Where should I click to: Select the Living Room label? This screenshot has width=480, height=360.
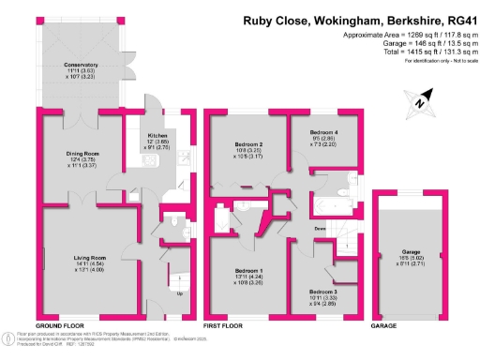90,257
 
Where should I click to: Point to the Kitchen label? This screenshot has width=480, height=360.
156,135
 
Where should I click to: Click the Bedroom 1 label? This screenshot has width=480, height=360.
248,270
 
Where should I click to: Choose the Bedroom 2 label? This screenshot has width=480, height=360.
247,142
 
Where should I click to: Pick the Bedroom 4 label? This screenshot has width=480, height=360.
323,133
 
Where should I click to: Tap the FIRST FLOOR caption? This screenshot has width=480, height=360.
224,325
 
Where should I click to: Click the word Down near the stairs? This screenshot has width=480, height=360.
321,228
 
